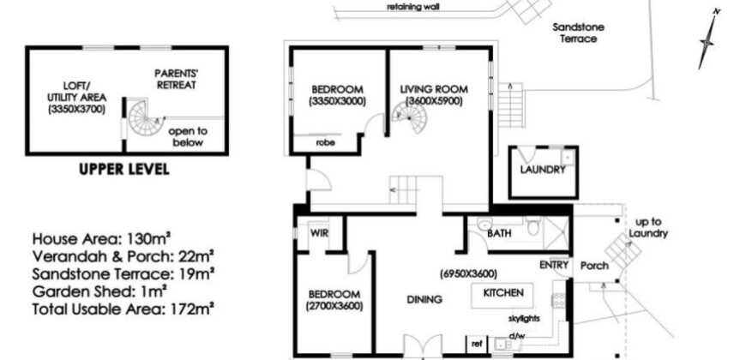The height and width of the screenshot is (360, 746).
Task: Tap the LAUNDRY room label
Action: pos(542,169)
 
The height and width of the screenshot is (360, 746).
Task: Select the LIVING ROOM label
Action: pos(431,89)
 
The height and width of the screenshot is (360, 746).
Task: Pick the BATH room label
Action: pos(499,232)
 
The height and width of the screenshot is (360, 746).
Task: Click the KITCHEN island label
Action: pos(503,294)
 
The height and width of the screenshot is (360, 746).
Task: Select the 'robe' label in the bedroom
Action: pos(324,143)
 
